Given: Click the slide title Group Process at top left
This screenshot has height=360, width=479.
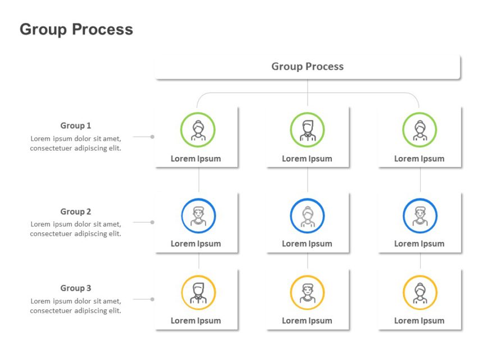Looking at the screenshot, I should [76, 29].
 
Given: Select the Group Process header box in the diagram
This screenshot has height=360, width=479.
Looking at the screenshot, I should [307, 66].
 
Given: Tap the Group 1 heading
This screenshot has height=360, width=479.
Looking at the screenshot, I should [76, 125].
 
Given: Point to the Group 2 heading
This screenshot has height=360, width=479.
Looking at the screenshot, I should [76, 211].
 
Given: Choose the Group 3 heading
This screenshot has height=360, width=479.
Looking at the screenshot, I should [76, 288].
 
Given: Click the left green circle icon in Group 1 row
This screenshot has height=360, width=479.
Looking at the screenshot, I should [198, 129].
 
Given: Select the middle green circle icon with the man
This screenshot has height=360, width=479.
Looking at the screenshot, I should [307, 129].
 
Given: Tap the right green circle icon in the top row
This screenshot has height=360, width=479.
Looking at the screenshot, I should [419, 129].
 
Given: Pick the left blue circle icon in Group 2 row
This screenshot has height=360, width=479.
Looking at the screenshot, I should [198, 216].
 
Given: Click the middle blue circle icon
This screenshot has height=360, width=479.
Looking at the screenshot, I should [307, 216].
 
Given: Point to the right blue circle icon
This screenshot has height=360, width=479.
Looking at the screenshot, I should [420, 216].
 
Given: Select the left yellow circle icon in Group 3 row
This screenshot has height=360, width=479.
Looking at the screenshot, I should [198, 292].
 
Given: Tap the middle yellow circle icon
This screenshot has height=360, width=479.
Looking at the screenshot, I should [307, 292].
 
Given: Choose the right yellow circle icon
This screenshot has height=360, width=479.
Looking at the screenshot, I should [420, 292].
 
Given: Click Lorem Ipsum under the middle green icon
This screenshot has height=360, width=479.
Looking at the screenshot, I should [307, 159].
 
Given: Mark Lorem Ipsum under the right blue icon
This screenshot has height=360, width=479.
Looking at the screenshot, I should [419, 244].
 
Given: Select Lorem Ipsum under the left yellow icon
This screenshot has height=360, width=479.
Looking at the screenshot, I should [196, 321].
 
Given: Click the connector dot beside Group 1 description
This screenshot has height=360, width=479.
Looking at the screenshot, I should [152, 137].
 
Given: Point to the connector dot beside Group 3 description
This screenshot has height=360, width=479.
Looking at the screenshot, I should [152, 299].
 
